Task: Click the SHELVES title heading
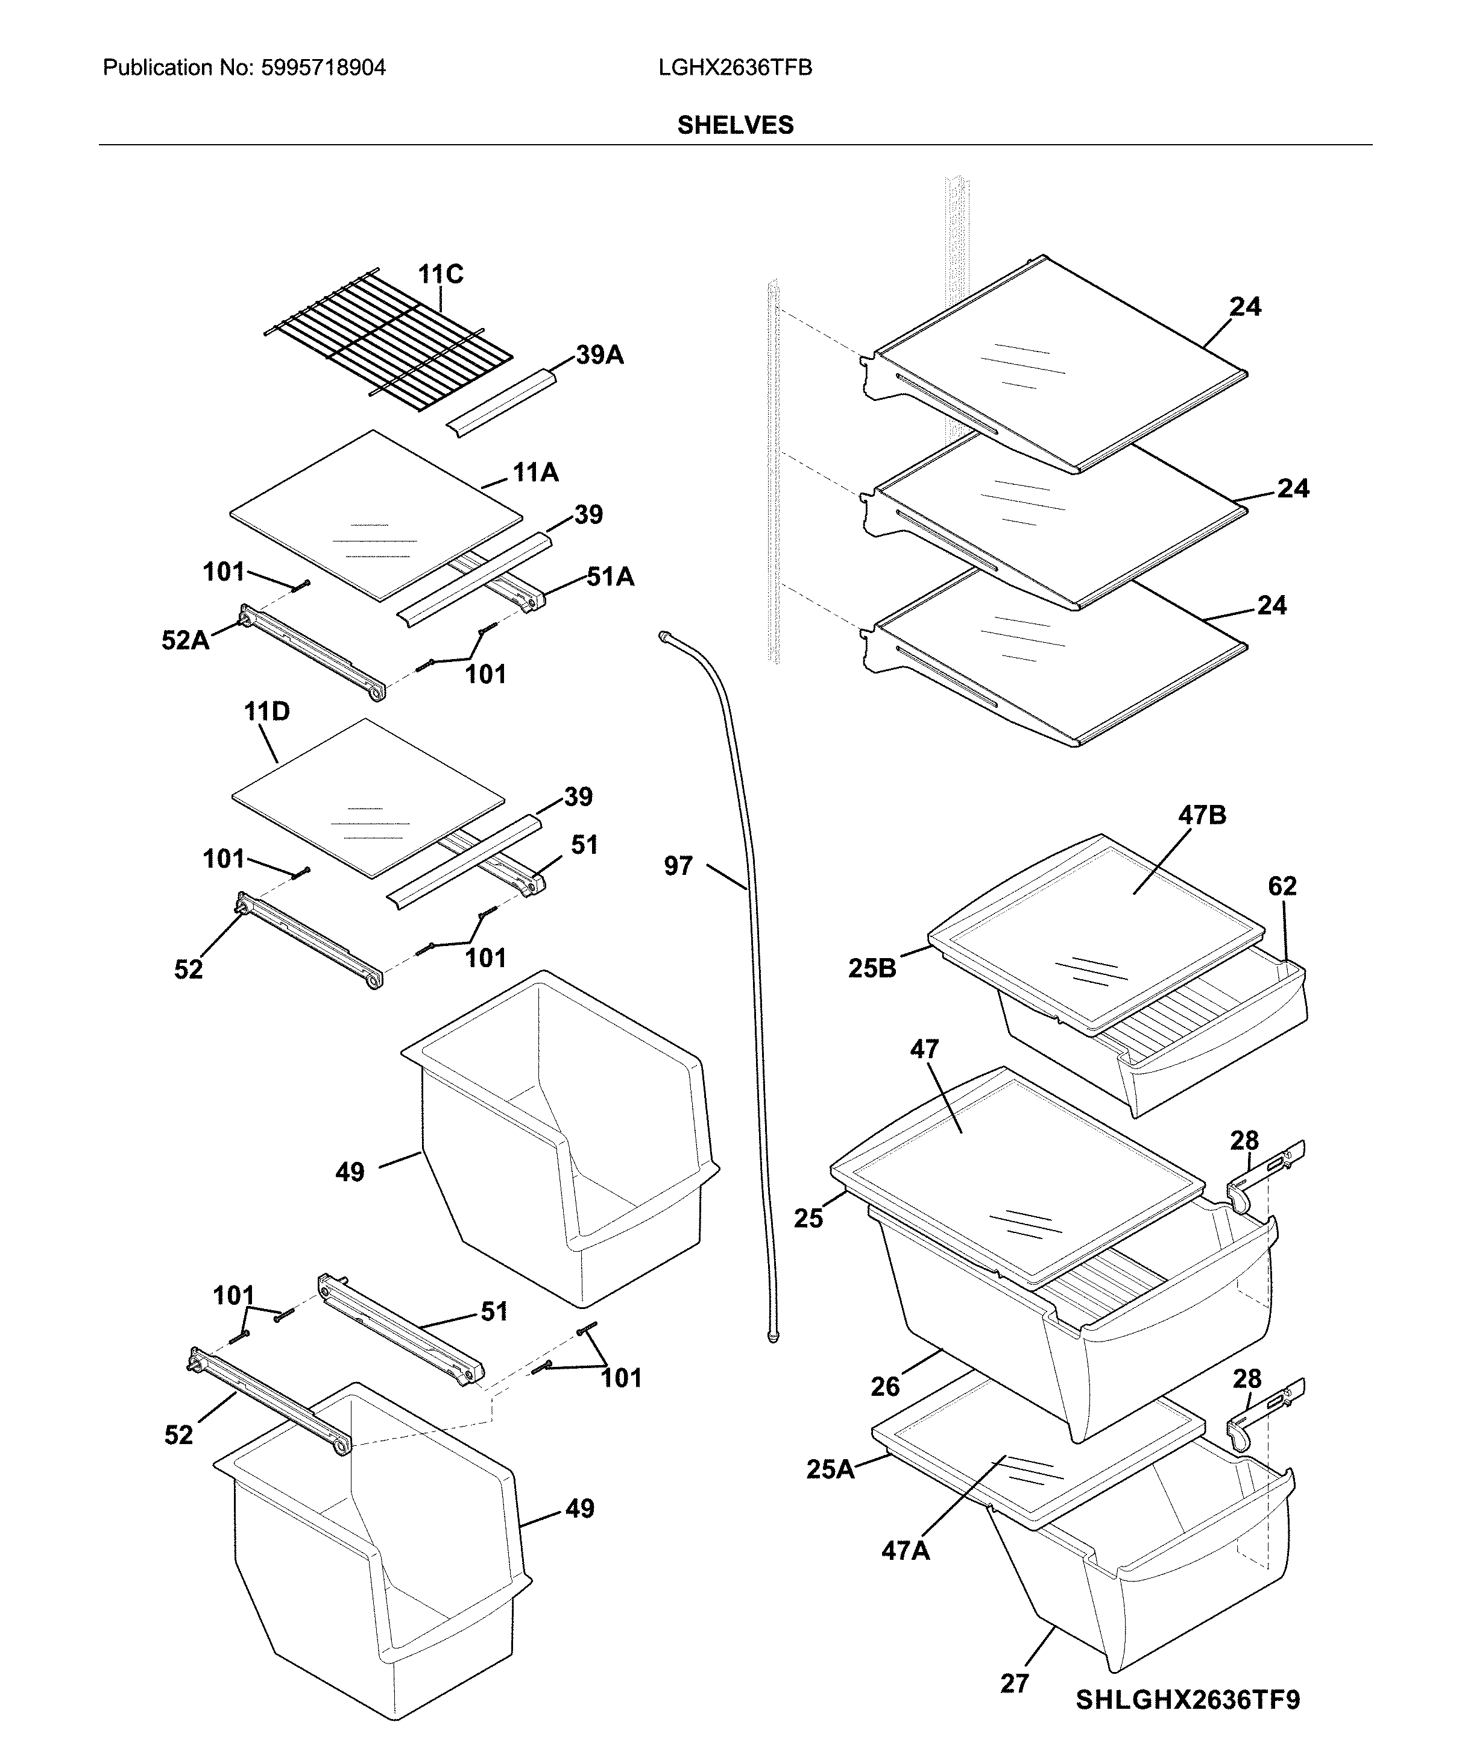pos(735,125)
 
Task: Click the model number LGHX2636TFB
pos(735,68)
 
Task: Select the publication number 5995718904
pos(323,68)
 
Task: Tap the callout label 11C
pos(440,274)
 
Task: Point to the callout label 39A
pos(600,355)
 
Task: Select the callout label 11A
pos(535,473)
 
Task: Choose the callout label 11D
pos(266,711)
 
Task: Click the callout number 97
pos(678,866)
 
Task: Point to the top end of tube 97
pos(665,637)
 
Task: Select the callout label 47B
pos(1202,815)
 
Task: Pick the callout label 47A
pos(906,1550)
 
